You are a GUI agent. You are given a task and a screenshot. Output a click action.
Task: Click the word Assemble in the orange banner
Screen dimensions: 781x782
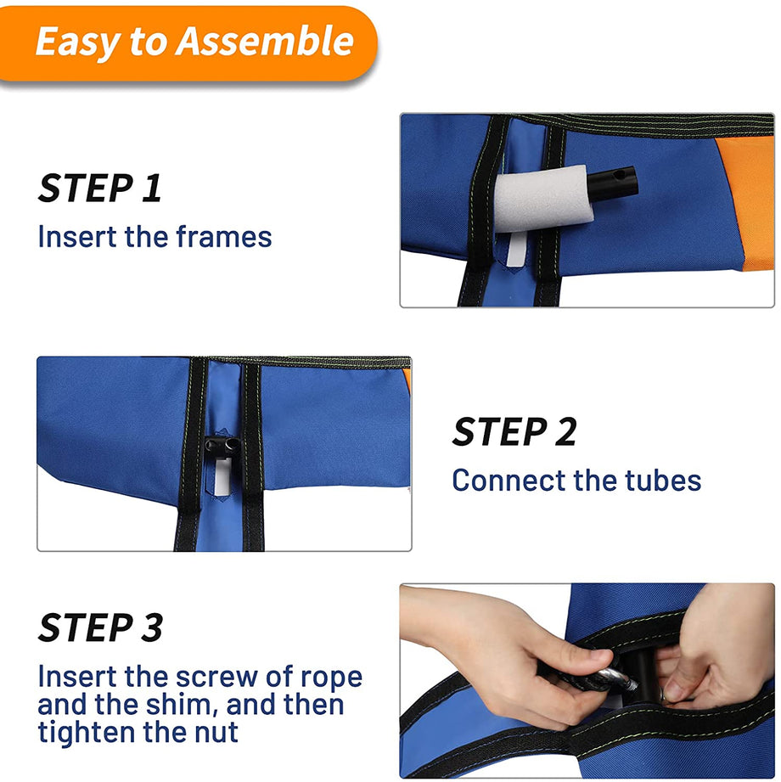click(x=264, y=41)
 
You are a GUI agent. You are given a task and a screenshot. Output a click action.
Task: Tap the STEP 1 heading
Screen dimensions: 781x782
click(x=100, y=188)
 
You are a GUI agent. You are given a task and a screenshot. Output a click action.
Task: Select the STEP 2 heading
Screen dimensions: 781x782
click(x=514, y=431)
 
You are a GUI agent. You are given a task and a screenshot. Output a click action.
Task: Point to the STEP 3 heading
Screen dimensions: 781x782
click(x=100, y=627)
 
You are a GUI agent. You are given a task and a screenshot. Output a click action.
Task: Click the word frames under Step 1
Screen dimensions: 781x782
click(x=224, y=236)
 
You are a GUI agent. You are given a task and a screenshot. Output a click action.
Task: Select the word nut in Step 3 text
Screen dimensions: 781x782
click(x=216, y=732)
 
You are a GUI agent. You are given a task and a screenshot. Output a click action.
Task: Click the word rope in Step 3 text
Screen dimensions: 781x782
click(x=331, y=678)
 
